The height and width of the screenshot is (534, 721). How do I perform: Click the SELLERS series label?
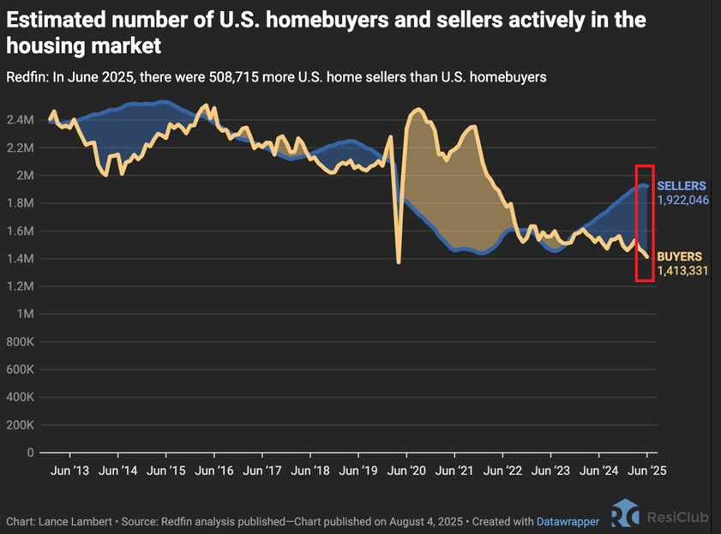681,186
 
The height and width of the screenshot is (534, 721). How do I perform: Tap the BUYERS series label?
679,256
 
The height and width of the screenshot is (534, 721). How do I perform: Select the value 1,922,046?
682,200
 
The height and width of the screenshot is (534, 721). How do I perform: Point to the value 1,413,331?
682,271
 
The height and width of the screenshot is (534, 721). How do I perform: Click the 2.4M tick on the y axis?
21,120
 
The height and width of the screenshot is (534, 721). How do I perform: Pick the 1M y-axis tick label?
25,314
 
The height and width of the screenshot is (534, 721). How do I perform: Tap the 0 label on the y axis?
30,453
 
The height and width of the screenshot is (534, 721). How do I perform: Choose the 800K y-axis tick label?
21,342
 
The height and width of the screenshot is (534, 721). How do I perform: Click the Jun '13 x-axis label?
70,471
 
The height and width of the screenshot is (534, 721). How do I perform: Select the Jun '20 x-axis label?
406,471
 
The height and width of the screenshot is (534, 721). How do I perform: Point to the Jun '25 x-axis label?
647,471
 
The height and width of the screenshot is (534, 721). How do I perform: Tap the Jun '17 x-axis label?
262,471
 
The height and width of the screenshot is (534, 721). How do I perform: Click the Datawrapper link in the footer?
568,522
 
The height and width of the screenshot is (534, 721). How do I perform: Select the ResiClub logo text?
678,518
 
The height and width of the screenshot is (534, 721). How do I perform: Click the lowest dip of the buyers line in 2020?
398,262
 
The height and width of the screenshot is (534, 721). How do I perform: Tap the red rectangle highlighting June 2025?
636,223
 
